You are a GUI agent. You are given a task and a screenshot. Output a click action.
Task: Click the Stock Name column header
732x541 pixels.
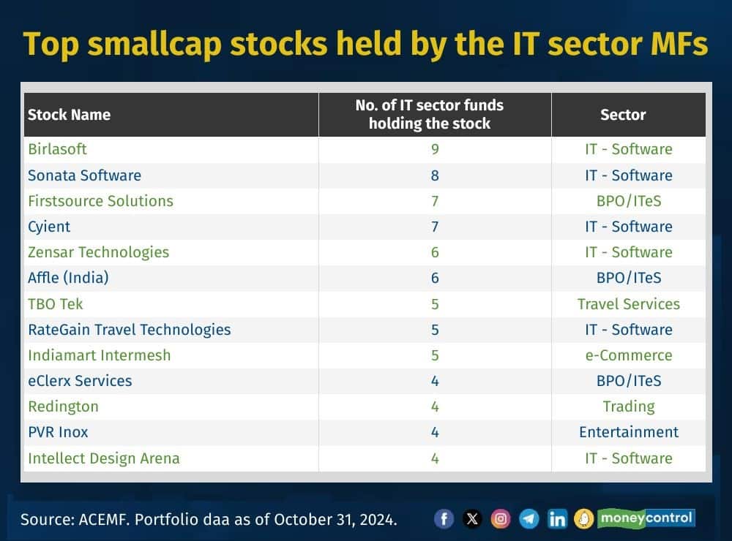[x=69, y=115]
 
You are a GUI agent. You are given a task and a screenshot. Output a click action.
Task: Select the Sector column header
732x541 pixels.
[x=623, y=115]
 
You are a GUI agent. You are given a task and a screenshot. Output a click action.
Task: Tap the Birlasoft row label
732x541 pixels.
[x=57, y=149]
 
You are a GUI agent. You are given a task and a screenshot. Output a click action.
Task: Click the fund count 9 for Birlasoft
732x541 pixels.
[x=435, y=149]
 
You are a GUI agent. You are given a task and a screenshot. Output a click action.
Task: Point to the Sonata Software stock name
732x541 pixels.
[x=84, y=175]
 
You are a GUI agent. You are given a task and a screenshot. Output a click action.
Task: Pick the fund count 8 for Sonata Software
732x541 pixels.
[x=435, y=175]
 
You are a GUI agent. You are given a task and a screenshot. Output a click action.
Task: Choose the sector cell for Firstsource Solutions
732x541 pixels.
[x=628, y=201]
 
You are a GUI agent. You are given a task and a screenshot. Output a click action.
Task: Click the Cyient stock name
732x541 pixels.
[x=49, y=227]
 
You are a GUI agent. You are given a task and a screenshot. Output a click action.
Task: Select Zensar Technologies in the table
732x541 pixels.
[x=98, y=252]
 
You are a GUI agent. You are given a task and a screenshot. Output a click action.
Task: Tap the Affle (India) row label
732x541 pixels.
[x=68, y=278]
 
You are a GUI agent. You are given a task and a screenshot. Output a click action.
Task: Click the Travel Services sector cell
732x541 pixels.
[x=628, y=304]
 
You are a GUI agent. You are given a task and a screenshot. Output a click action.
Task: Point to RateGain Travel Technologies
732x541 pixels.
[x=129, y=330]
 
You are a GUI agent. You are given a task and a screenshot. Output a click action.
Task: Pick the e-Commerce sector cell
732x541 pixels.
[x=628, y=355]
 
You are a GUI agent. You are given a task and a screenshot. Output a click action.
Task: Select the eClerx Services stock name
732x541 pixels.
[x=80, y=381]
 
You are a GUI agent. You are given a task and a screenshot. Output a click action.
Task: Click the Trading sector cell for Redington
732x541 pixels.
[x=628, y=406]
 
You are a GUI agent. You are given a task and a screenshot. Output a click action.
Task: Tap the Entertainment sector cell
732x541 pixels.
[x=628, y=432]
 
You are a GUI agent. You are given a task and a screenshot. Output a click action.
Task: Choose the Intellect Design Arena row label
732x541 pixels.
[x=103, y=458]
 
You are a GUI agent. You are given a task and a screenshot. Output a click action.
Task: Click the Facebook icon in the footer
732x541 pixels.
[x=444, y=519]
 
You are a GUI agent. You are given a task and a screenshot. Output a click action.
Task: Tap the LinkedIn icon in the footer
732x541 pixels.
[x=557, y=519]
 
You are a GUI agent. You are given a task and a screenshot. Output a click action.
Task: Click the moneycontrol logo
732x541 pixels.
[x=646, y=518]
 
